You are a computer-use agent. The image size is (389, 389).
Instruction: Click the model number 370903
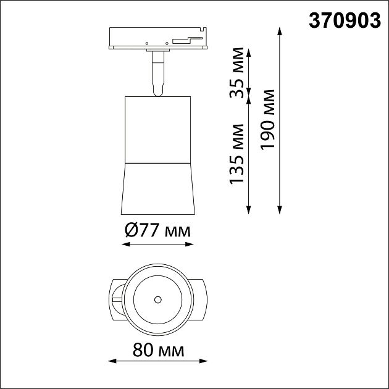click(x=345, y=21)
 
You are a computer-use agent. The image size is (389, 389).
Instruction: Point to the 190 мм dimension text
click(x=268, y=121)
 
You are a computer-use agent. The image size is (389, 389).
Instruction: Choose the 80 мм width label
click(x=158, y=351)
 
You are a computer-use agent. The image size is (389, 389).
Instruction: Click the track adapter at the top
click(x=157, y=38)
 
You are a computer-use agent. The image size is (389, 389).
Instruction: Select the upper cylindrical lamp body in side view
click(x=157, y=130)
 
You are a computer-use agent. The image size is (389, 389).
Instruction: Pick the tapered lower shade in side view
click(x=157, y=188)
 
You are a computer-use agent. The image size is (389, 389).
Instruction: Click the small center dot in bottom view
click(x=158, y=300)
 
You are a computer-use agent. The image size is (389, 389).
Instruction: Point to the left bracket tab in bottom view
click(x=116, y=300)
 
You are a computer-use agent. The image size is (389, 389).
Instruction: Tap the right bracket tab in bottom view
click(x=201, y=300)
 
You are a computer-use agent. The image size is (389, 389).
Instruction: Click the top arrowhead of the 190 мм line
click(x=281, y=31)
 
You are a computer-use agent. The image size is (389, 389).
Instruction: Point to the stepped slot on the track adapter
click(x=186, y=40)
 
